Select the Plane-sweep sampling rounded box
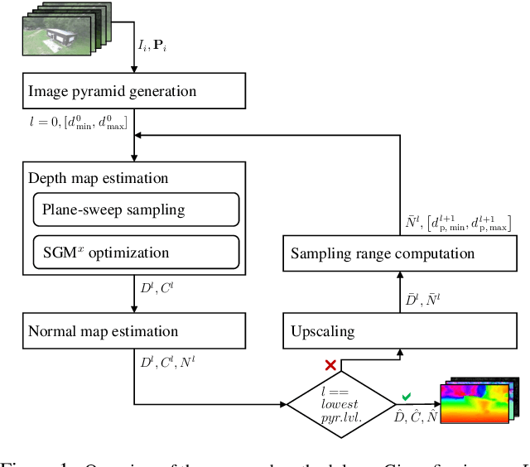(136, 209)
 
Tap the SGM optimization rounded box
(136, 252)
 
